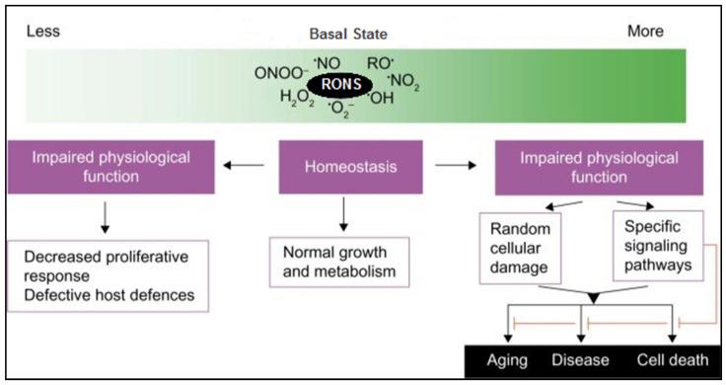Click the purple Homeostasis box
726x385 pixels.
click(x=345, y=167)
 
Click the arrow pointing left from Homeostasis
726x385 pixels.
click(x=243, y=167)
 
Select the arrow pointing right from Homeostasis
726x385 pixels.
click(x=449, y=167)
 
